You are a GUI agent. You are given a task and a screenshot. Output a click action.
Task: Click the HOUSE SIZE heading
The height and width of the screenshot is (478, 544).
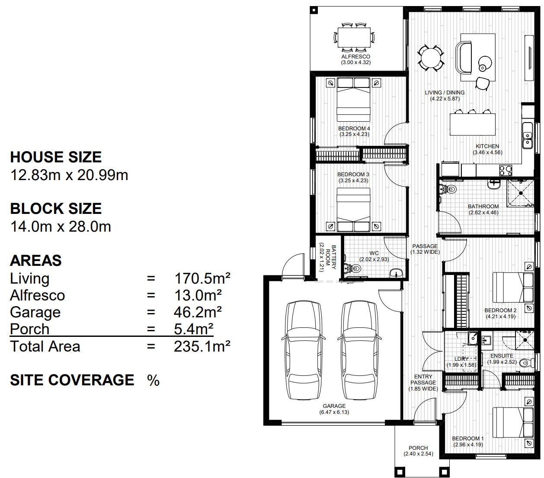click(x=56, y=157)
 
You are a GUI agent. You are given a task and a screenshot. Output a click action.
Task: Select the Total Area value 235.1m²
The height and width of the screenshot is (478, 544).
click(x=202, y=346)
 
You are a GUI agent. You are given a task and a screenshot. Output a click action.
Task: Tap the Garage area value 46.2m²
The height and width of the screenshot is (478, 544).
click(x=198, y=312)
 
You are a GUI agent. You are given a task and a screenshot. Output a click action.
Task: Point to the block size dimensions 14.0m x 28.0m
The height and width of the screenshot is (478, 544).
click(x=61, y=226)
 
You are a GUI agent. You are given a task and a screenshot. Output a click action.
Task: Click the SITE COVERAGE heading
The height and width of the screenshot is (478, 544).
click(x=72, y=380)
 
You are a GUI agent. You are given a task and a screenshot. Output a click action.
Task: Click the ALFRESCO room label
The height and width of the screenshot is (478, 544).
click(x=355, y=57)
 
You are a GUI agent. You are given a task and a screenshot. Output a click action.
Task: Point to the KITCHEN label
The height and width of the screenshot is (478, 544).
click(x=487, y=146)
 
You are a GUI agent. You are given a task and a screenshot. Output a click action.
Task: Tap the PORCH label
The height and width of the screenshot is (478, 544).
click(x=418, y=448)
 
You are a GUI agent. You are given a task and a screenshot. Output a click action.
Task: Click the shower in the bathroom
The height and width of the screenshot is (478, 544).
click(x=521, y=193)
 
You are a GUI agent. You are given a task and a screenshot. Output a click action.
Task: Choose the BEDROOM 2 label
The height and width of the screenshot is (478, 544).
click(x=500, y=310)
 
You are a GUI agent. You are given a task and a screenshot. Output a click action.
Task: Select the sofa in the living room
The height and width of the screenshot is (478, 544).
click(x=465, y=57)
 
